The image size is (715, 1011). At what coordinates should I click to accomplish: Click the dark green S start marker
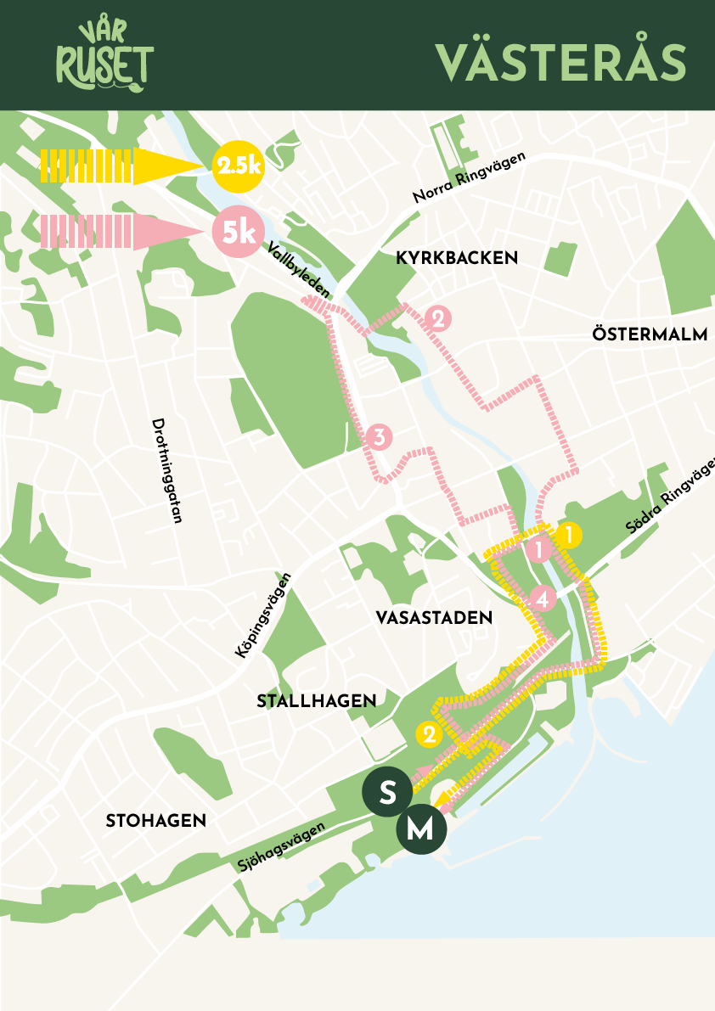(387, 793)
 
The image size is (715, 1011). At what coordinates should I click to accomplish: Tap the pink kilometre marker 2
(439, 319)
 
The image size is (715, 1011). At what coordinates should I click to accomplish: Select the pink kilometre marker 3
(379, 438)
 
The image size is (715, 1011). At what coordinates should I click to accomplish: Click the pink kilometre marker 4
(543, 599)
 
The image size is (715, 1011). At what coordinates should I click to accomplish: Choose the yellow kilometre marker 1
(568, 536)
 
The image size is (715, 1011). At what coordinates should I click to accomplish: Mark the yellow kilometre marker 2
(429, 733)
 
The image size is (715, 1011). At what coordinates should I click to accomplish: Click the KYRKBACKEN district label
(457, 258)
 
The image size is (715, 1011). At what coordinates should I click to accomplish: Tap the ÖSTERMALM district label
(650, 334)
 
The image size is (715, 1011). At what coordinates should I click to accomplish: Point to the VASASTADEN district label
(434, 618)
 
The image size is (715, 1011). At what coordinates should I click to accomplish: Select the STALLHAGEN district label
(316, 701)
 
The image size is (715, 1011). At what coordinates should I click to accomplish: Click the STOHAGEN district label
(156, 821)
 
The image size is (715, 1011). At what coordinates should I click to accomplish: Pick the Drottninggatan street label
(167, 470)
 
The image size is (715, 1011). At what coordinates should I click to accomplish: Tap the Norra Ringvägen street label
(470, 177)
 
